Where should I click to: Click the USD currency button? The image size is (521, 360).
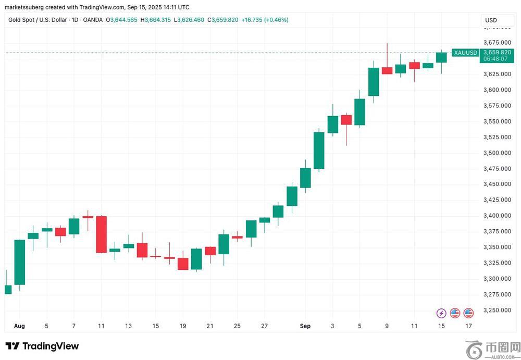(x=491, y=20)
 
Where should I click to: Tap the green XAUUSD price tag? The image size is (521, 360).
(x=465, y=53)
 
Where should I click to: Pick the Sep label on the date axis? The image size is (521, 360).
(x=305, y=326)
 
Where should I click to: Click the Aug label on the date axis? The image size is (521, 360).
(x=19, y=326)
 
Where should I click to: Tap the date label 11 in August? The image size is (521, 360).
(x=101, y=326)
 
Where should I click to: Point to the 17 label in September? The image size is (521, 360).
(x=468, y=326)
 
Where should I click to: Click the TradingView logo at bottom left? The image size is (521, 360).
(x=42, y=346)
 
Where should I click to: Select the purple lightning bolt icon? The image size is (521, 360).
(x=441, y=313)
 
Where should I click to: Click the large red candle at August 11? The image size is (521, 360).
(x=101, y=234)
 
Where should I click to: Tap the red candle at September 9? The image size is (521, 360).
(x=387, y=70)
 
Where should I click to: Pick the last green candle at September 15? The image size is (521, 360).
(x=441, y=57)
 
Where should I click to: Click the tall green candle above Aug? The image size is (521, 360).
(x=20, y=262)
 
